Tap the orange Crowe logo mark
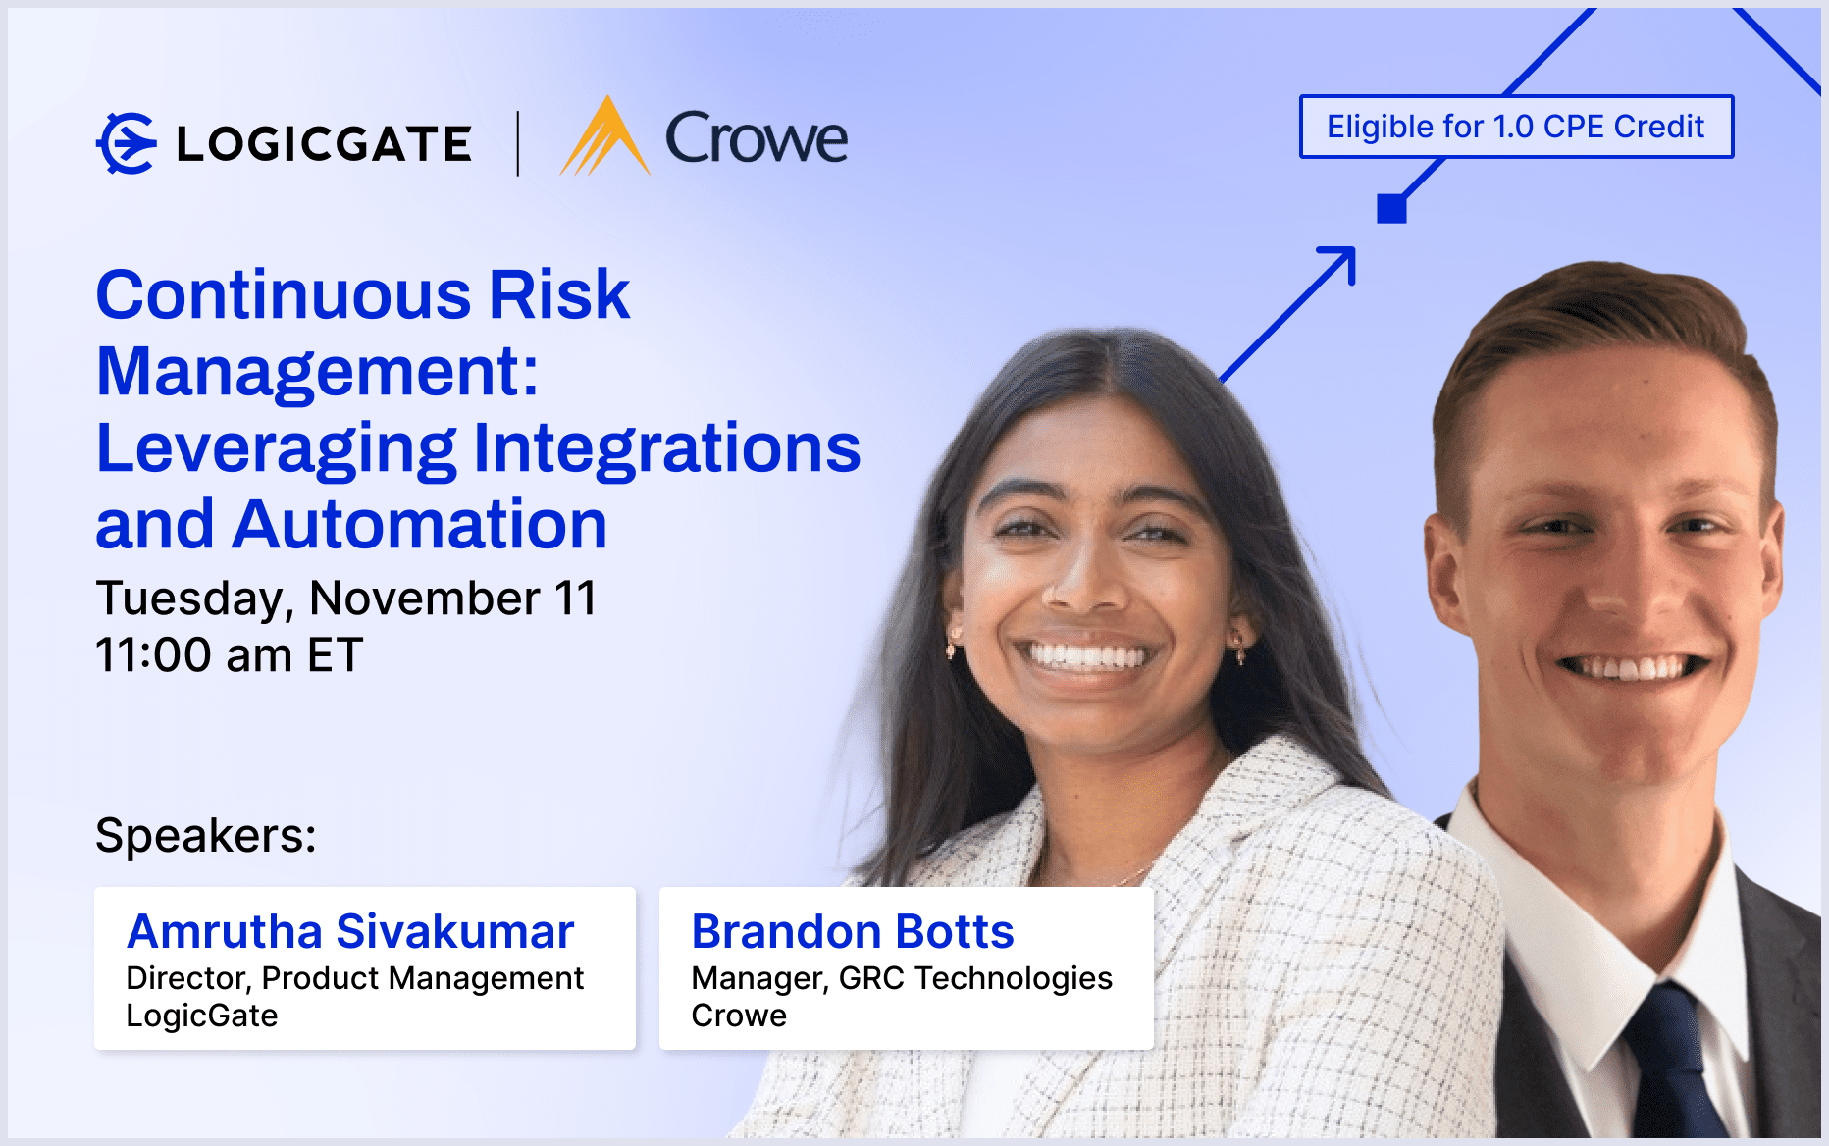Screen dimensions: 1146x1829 pos(604,138)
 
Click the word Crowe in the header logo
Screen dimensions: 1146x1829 pos(756,138)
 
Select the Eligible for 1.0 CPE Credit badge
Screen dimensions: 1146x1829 pos(1515,127)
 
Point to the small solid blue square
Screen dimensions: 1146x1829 pos(1391,208)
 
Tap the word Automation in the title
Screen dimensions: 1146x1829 pos(420,524)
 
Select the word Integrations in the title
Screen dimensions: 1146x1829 pos(666,447)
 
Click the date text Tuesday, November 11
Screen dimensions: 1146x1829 pos(345,598)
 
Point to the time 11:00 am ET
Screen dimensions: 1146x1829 pos(229,654)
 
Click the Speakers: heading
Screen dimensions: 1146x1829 pos(205,836)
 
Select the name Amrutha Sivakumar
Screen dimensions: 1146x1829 pos(350,931)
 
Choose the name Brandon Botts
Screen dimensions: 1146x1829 pos(852,931)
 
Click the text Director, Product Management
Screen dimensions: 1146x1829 pos(354,978)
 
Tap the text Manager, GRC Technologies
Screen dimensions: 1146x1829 pos(901,978)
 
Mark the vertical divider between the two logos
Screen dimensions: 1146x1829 pos(518,143)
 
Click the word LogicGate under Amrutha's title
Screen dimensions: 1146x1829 pos(202,1016)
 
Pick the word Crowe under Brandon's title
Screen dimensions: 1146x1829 pos(738,1016)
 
